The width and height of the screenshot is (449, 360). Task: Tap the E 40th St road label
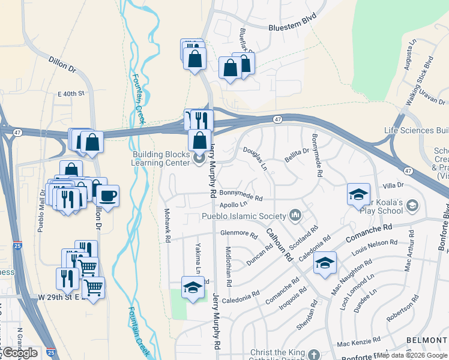tap(71, 94)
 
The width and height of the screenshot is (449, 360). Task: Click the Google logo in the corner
tap(20, 353)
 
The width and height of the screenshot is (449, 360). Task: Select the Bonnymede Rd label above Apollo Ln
tap(241, 196)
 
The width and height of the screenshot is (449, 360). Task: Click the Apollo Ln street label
tap(234, 205)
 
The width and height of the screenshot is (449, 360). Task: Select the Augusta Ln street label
tap(411, 55)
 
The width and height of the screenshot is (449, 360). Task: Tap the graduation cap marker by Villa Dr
tap(358, 194)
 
